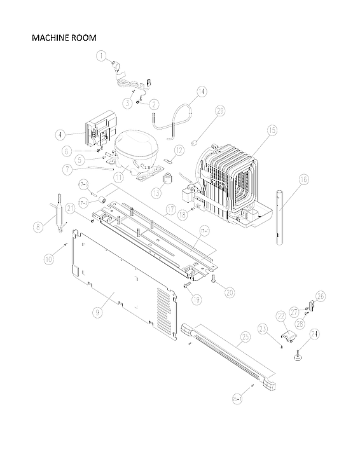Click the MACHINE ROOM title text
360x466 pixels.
(64, 38)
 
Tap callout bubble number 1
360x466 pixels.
(101, 56)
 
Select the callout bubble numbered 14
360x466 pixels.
(201, 91)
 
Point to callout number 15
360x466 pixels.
(272, 130)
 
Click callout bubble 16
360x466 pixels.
(303, 180)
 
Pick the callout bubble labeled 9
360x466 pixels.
(97, 312)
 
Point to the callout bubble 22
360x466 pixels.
(280, 316)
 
